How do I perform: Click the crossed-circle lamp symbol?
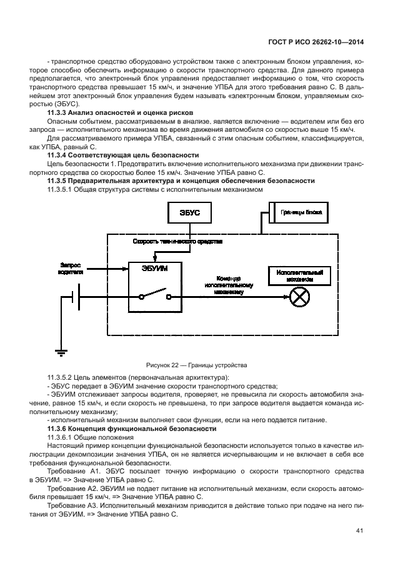299,297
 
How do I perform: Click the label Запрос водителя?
71,267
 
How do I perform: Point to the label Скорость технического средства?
177,241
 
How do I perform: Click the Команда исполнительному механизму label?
227,284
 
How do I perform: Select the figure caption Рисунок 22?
197,365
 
